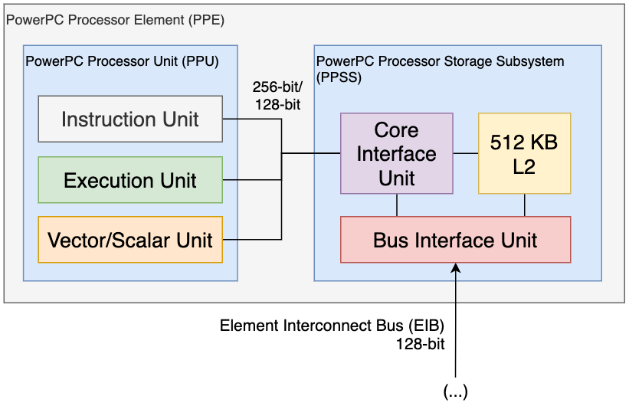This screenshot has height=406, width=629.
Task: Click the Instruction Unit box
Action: (130, 119)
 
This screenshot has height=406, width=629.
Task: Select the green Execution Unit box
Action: (130, 180)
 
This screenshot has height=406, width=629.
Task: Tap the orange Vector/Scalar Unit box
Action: (130, 240)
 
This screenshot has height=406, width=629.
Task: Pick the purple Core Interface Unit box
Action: (397, 153)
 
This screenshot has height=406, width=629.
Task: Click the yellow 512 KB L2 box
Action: (524, 153)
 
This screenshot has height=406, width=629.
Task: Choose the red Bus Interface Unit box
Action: (455, 240)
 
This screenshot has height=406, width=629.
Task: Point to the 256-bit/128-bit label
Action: (277, 96)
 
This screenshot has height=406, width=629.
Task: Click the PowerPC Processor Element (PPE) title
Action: (115, 20)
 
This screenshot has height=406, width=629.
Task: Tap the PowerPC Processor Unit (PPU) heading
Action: (122, 61)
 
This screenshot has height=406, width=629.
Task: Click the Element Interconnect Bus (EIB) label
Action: (332, 326)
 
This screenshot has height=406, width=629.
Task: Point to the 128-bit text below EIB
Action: (421, 344)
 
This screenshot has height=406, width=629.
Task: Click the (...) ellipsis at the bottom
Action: (455, 391)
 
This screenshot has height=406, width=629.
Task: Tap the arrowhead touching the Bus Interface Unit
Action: (456, 267)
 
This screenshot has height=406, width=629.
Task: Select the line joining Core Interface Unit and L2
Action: (466, 153)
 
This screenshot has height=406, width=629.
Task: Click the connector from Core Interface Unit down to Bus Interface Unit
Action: (397, 205)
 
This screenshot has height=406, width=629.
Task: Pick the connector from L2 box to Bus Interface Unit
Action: (525, 205)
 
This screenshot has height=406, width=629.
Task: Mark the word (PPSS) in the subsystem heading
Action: (339, 77)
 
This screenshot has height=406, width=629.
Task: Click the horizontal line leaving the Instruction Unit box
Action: (252, 119)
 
